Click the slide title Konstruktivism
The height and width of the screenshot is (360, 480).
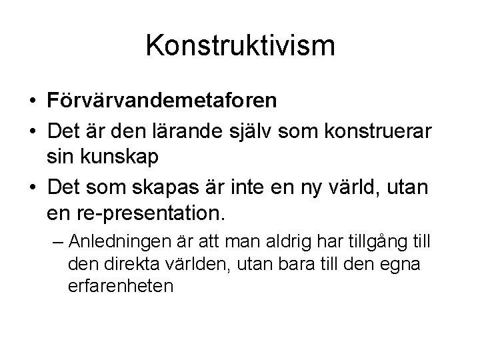click(x=240, y=46)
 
